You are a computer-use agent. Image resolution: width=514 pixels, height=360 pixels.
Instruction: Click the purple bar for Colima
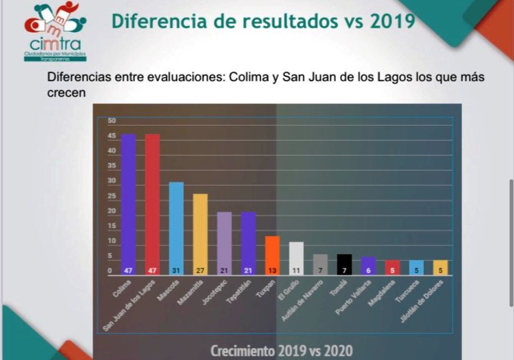coord(128,205)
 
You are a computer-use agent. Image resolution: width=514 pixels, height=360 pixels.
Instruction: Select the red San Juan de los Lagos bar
coord(152,205)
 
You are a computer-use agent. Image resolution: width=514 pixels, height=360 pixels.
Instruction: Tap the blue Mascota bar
coord(176,227)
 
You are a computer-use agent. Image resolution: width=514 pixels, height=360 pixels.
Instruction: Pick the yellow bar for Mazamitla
coord(200,233)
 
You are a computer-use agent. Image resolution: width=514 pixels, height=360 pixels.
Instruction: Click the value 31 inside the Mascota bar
coord(176,271)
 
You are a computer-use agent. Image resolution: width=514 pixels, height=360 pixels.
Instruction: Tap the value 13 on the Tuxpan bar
coord(273,271)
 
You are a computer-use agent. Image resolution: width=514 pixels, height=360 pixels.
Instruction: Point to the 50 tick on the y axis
coord(112,121)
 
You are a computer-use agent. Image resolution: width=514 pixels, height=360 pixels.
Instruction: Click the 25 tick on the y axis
coord(112,196)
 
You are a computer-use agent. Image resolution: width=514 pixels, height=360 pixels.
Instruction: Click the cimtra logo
coord(55,31)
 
